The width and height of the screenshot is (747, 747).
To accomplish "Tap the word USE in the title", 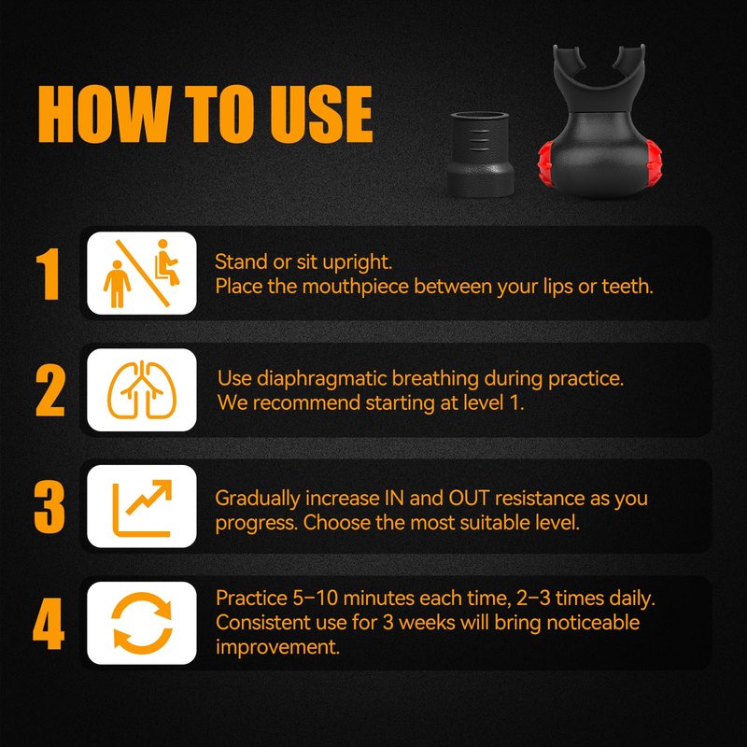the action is click(321, 114).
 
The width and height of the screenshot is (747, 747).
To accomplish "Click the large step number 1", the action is click(49, 274).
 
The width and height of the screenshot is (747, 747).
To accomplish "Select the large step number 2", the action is click(49, 390).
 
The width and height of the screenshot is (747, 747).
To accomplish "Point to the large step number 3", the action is click(49, 507).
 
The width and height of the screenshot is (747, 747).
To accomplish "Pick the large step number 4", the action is click(49, 624).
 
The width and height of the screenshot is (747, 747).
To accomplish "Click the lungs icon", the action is click(142, 390).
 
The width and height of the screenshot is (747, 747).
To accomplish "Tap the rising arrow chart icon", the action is click(142, 508).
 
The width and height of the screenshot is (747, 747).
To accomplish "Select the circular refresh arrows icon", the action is click(142, 623).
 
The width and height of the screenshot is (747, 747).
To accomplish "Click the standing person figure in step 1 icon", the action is click(117, 284).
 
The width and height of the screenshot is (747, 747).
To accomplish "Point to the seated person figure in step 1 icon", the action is click(167, 262).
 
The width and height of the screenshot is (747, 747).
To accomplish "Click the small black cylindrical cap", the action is click(480, 154).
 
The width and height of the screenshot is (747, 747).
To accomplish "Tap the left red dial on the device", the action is click(545, 162).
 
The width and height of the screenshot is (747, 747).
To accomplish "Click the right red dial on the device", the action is click(654, 162).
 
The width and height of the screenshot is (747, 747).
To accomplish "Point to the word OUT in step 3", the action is click(469, 499).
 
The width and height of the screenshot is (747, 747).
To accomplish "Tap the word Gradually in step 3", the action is click(258, 500).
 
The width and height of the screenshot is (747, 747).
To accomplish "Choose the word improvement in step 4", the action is click(277, 648).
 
